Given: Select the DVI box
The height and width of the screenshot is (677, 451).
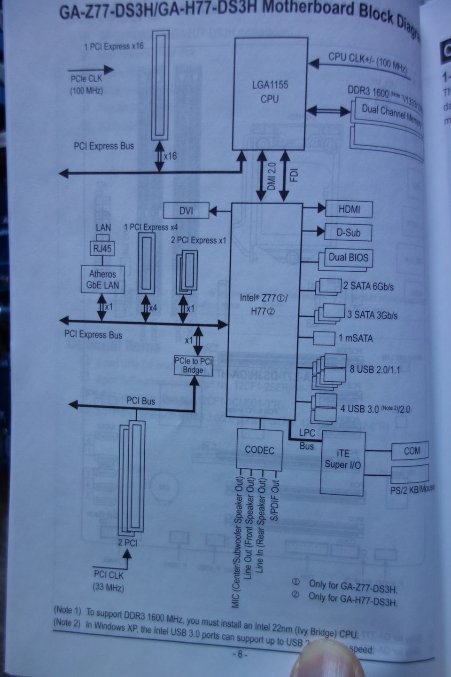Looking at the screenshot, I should point(186,210).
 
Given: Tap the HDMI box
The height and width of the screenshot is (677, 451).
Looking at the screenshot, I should point(349,209).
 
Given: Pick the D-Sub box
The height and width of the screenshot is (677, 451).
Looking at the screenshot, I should point(348,232).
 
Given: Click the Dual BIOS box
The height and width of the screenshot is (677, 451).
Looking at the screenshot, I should point(348,258).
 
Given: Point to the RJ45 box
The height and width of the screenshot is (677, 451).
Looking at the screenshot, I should point(102,248).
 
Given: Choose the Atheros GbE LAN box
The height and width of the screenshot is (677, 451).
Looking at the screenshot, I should point(102,279).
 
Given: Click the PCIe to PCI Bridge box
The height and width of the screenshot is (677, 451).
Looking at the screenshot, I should point(193,365).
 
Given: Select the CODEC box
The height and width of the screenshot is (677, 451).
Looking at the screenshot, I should point(259,449).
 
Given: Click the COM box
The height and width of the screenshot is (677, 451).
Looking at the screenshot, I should point(411,451).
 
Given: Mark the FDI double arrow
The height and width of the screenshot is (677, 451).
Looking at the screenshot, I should point(285,177).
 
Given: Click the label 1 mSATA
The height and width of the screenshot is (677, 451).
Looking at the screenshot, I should point(356,338).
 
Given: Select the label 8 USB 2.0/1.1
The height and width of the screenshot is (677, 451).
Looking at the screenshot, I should point(374,369).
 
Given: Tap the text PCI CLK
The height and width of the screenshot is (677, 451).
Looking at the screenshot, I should point(109,575).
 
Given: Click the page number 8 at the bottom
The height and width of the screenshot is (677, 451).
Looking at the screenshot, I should point(239,654).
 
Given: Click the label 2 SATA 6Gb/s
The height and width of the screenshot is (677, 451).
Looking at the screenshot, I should point(368,286).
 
